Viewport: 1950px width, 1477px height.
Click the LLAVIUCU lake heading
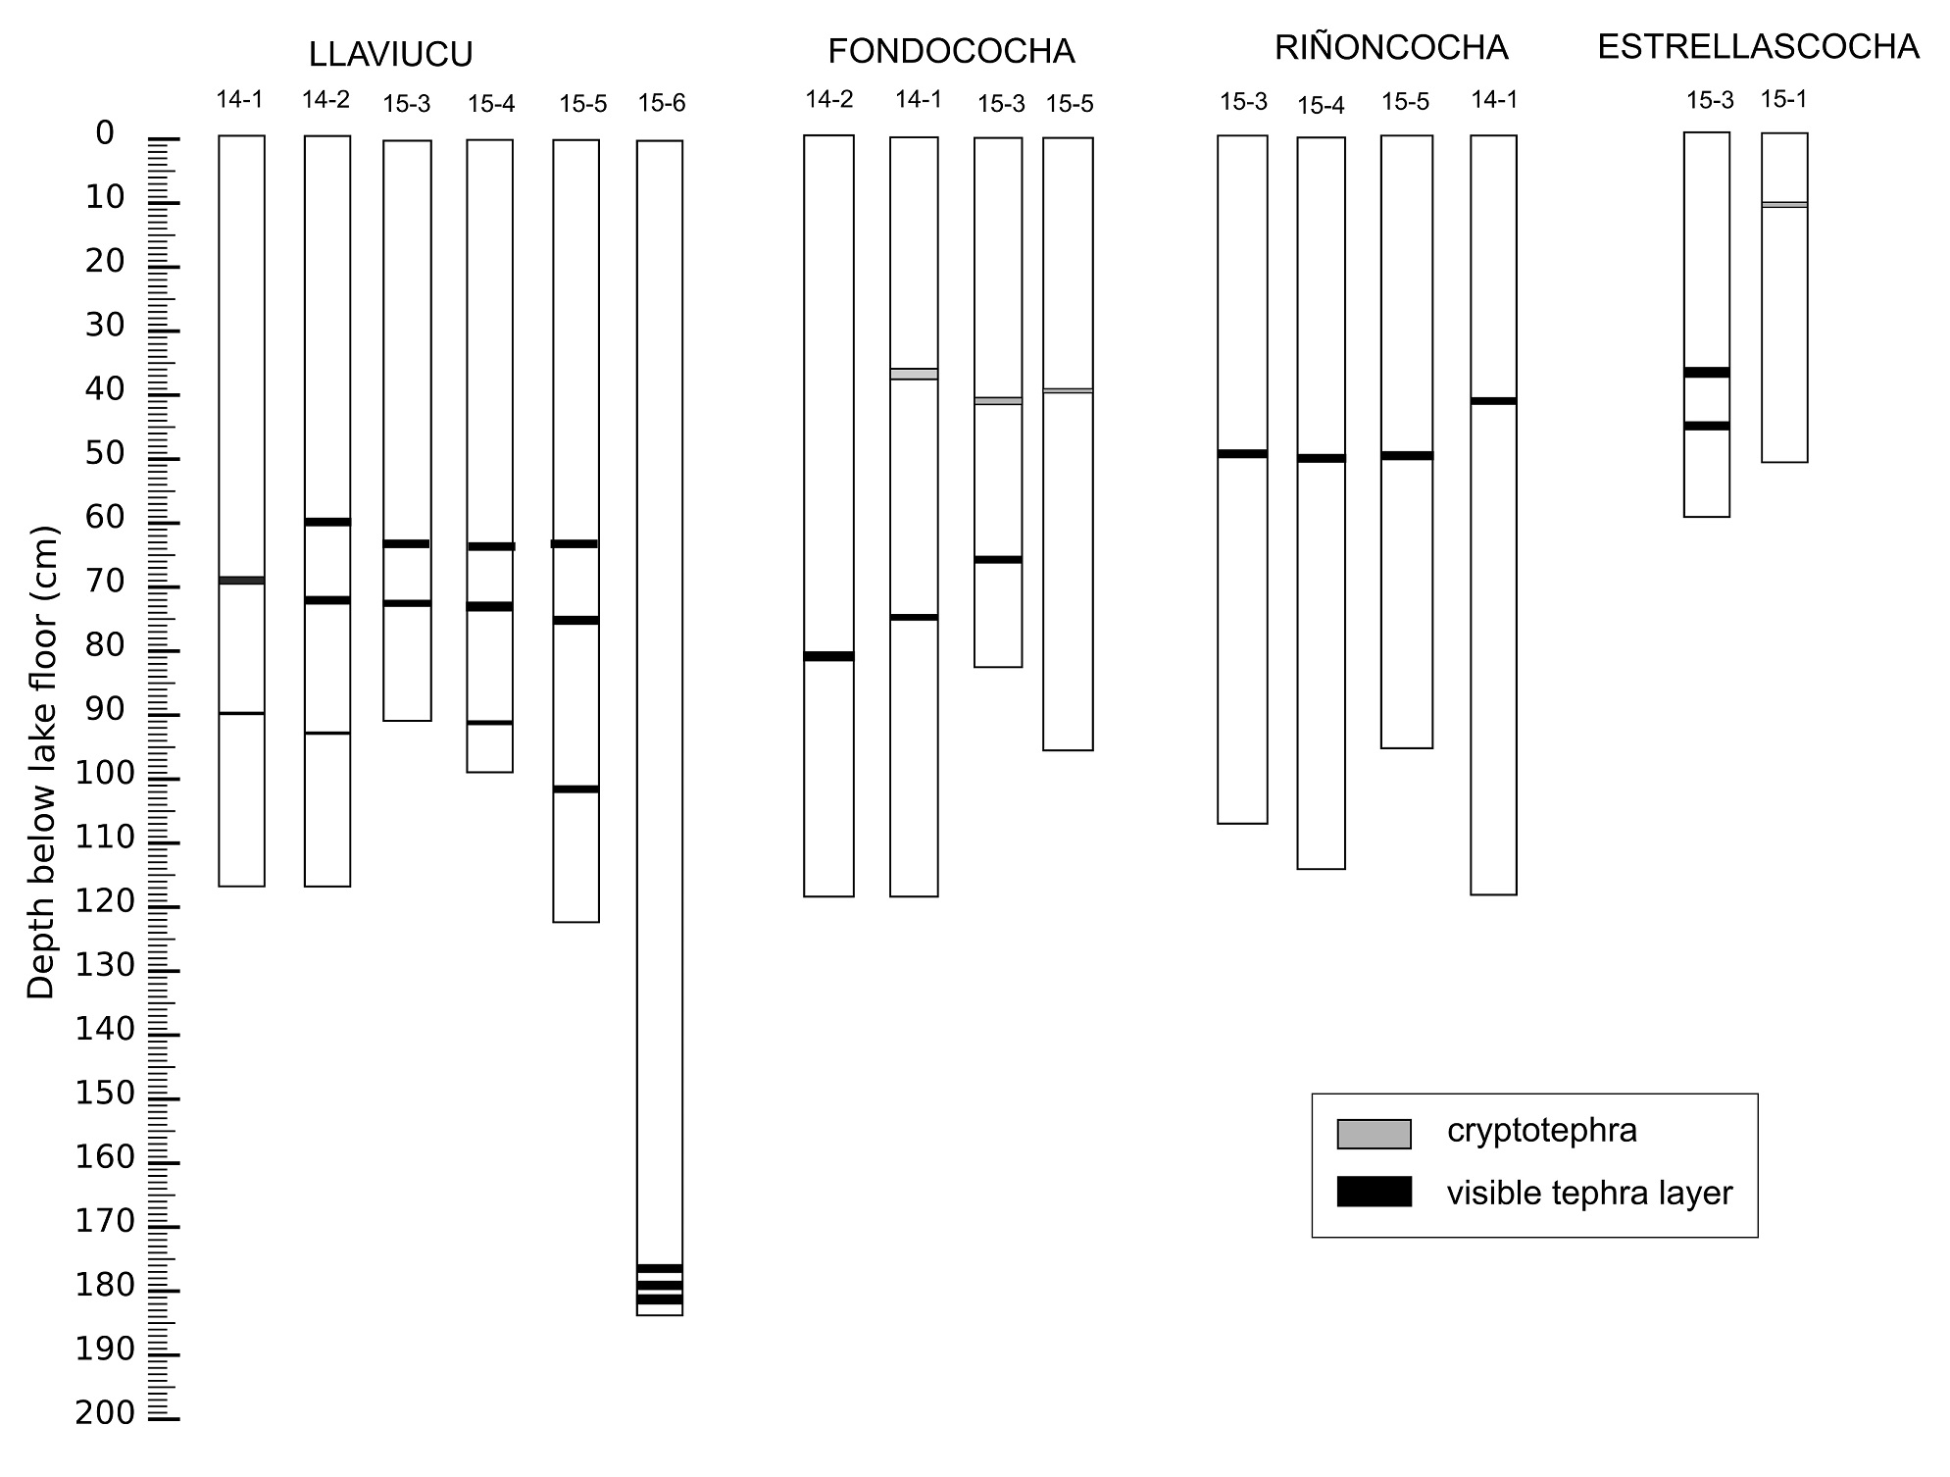coord(390,55)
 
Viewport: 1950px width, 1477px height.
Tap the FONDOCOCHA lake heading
coord(951,51)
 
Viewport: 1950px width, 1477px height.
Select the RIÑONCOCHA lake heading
coord(1390,48)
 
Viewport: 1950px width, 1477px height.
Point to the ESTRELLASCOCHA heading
coord(1758,47)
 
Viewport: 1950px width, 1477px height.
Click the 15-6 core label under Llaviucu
coord(661,103)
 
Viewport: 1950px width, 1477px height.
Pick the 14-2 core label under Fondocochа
coord(828,99)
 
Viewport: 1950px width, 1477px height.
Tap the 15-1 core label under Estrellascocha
coord(1783,99)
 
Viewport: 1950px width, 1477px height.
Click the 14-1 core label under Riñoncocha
coord(1494,99)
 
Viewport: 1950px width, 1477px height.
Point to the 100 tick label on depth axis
coord(104,775)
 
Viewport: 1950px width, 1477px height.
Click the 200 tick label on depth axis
coord(104,1413)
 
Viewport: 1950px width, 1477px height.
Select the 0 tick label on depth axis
coord(104,133)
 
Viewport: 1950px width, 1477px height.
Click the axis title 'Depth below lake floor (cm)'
coord(42,763)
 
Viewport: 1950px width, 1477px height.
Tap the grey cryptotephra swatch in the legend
coord(1374,1134)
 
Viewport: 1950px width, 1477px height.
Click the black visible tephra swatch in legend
coord(1374,1192)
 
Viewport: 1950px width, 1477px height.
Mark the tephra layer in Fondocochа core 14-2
coord(828,656)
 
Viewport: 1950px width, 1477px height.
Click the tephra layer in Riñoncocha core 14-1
coord(1493,401)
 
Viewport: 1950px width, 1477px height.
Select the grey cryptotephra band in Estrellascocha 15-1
coord(1783,204)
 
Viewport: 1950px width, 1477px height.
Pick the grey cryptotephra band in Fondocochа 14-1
coord(914,374)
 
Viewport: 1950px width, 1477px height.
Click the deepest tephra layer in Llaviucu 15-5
coord(575,789)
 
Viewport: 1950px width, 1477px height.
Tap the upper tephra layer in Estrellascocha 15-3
coord(1706,373)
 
